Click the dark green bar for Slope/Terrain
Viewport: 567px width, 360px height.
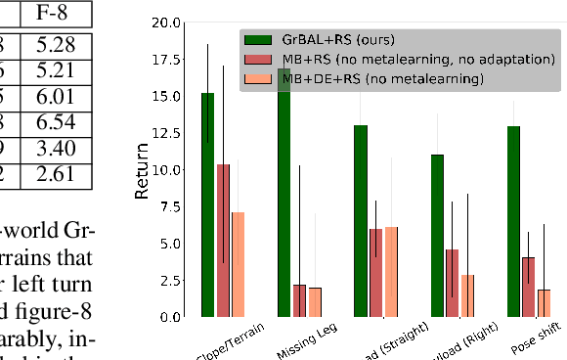coord(208,204)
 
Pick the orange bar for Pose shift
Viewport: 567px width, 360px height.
coord(544,303)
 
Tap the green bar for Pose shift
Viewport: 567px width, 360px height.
coord(513,221)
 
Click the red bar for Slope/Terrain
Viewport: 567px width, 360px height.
coord(224,241)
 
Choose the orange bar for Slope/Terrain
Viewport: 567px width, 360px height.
coord(239,264)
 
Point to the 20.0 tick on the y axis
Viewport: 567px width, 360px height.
coord(167,22)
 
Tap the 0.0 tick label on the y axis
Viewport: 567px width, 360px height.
coord(171,317)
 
